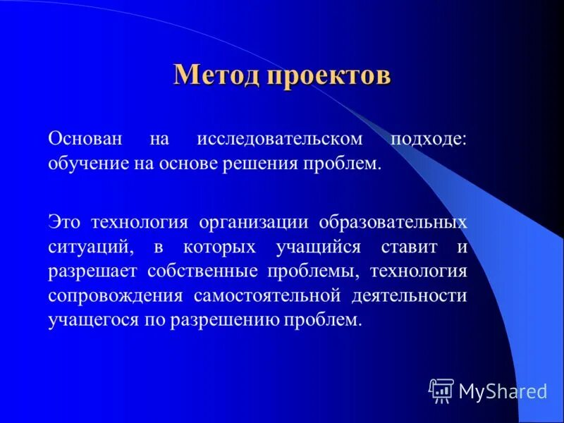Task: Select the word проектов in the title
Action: (x=329, y=75)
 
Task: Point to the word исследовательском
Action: (x=280, y=139)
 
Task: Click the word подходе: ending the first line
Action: (x=429, y=139)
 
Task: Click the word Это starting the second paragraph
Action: (x=66, y=222)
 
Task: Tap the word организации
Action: (x=254, y=222)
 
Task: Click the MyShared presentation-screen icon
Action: (x=441, y=390)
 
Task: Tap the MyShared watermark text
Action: (x=503, y=391)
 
